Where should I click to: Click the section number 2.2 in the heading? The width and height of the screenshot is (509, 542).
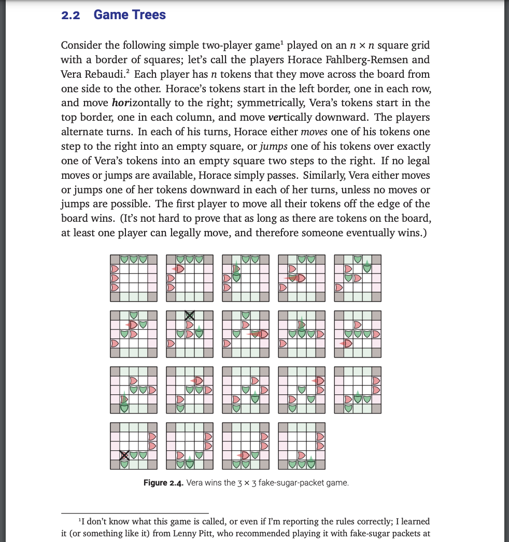pyautogui.click(x=70, y=15)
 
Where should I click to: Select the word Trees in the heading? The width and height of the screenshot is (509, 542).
pyautogui.click(x=148, y=15)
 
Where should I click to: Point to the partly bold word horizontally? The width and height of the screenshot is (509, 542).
pyautogui.click(x=140, y=103)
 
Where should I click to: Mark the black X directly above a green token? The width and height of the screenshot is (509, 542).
pyautogui.click(x=124, y=455)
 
